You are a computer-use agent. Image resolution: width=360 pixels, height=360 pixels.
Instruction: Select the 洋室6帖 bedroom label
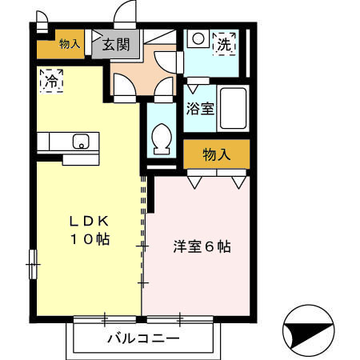click(x=202, y=246)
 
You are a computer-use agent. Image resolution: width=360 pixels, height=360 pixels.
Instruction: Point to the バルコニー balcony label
click(x=144, y=338)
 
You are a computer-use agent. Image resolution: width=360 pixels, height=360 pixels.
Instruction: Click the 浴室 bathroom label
click(x=200, y=107)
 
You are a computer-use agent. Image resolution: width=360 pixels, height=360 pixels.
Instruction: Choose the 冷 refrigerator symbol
click(x=51, y=80)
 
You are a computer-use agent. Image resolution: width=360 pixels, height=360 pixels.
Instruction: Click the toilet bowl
click(x=161, y=138)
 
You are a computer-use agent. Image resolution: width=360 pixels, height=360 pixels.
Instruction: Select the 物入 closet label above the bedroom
click(x=216, y=154)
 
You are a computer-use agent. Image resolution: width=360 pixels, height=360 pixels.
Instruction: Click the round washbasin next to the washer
click(x=196, y=38)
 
